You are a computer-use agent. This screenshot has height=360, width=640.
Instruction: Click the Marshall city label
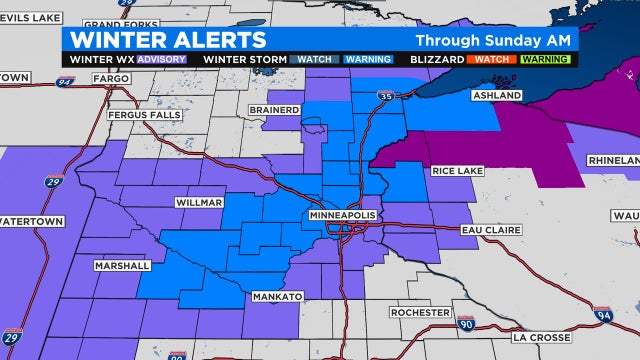click(x=122, y=266)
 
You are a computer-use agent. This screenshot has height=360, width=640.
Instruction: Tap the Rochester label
click(x=420, y=313)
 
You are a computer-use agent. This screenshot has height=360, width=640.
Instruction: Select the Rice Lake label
click(x=458, y=171)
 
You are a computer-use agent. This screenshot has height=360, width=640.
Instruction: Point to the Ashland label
click(x=497, y=95)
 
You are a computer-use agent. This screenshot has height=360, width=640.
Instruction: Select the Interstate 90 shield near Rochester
click(x=465, y=324)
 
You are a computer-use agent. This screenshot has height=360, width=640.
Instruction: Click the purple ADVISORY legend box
click(x=159, y=59)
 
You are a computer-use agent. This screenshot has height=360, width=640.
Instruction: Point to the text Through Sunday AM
click(x=494, y=41)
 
